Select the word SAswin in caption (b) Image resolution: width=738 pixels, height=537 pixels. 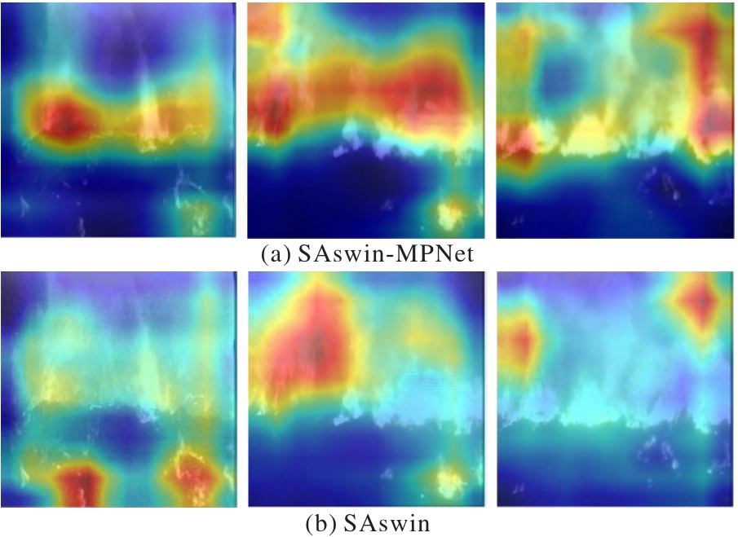point(382,522)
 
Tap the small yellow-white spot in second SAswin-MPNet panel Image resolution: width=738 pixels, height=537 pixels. point(449,213)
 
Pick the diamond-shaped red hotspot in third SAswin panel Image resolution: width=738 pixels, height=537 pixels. point(701,302)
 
